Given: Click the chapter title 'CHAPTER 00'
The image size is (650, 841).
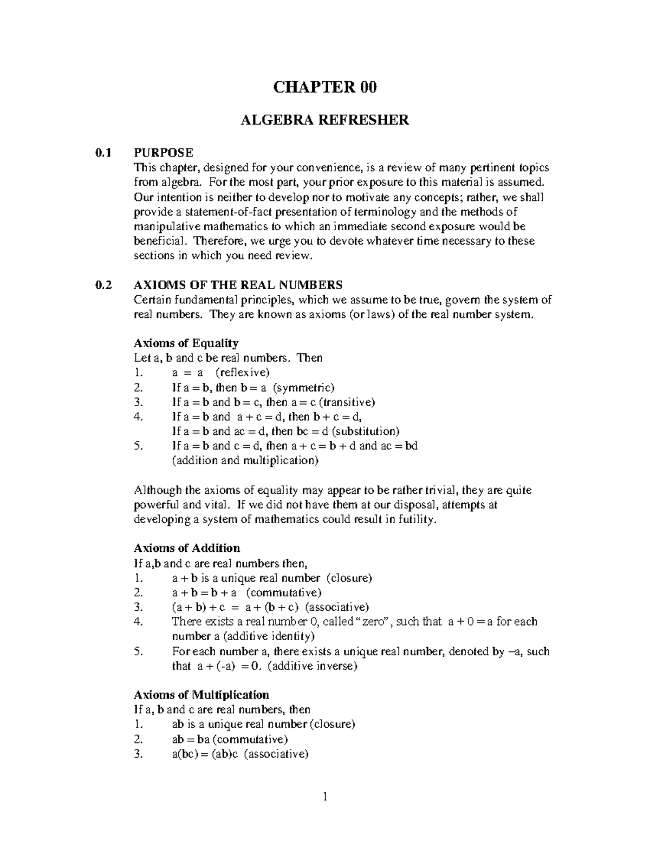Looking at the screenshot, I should point(324,87).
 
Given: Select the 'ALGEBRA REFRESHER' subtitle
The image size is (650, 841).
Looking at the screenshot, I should point(324,120).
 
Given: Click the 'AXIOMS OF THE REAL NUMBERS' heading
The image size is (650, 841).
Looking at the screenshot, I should point(238,285).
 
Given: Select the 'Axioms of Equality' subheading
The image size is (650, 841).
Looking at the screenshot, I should point(186,343).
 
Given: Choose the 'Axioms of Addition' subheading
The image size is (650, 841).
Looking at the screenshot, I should point(186,548).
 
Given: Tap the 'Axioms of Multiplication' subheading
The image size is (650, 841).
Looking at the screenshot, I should point(201,695).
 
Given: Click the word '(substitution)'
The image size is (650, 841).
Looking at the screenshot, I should point(366,432).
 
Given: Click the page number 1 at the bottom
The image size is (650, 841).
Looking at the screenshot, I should point(325,796).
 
